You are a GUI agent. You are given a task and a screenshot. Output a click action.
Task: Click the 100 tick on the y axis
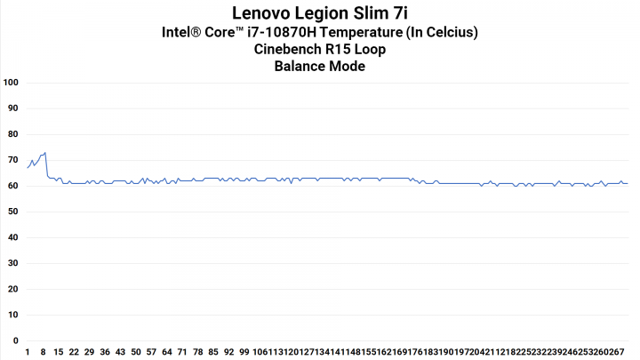click(x=12, y=83)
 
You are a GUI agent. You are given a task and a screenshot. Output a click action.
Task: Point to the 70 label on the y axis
click(x=12, y=160)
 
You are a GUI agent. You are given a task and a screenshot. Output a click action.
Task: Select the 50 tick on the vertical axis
click(x=12, y=212)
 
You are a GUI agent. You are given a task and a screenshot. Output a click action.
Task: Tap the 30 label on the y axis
click(x=12, y=263)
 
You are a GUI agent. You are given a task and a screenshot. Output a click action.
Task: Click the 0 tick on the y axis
click(x=15, y=340)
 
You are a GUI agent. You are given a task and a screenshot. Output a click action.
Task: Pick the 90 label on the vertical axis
click(x=12, y=108)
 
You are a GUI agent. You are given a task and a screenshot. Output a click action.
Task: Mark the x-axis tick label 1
click(x=28, y=352)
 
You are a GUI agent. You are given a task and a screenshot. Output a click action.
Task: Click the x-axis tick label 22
click(x=74, y=352)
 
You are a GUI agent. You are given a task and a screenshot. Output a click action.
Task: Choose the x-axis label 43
click(x=120, y=352)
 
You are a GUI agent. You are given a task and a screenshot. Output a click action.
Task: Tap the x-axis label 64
click(x=166, y=352)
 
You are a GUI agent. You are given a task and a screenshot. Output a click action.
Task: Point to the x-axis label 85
click(x=213, y=352)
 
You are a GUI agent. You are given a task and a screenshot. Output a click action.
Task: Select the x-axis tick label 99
click(x=244, y=352)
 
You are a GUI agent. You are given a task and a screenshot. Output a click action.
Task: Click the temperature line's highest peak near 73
click(x=45, y=152)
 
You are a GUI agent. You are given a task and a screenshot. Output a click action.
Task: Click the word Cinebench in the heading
click(x=290, y=50)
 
